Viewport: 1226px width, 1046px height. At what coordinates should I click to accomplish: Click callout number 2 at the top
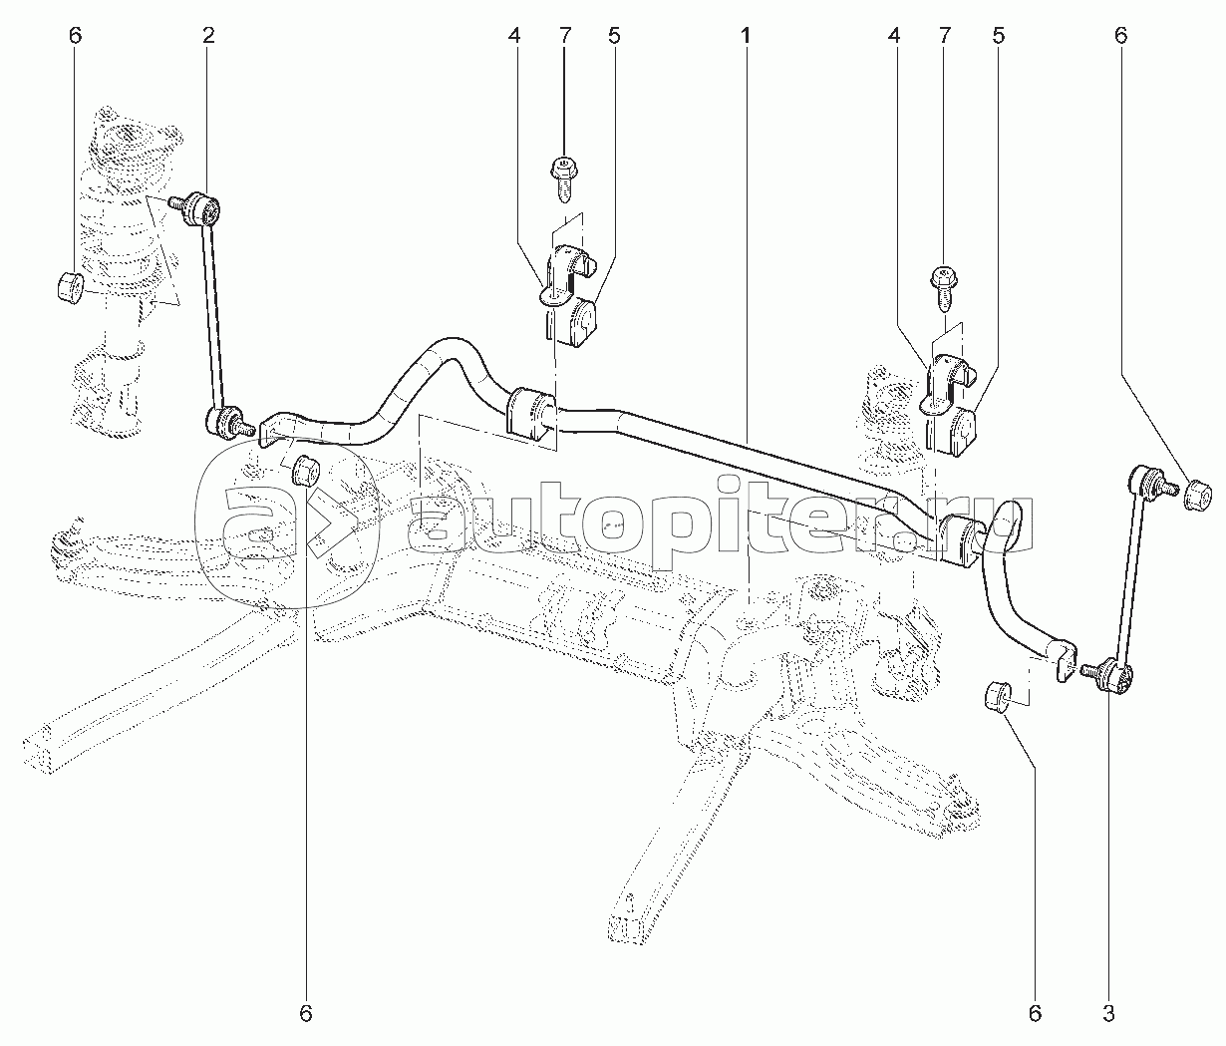tap(207, 36)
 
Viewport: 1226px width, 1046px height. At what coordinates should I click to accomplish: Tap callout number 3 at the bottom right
tap(1108, 1012)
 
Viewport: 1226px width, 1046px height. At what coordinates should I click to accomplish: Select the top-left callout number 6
tap(75, 36)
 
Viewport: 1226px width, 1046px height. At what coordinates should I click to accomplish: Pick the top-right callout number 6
tap(1120, 36)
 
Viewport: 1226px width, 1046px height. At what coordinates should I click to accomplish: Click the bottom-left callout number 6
tap(305, 1012)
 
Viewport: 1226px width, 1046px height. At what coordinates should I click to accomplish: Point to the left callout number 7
tap(565, 36)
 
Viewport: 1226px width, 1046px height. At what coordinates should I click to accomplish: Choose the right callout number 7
tap(945, 36)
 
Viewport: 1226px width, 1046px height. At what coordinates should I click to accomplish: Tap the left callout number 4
tap(513, 36)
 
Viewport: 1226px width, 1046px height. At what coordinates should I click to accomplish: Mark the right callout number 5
tap(998, 36)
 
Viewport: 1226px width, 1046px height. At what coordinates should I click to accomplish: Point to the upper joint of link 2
tap(201, 207)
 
